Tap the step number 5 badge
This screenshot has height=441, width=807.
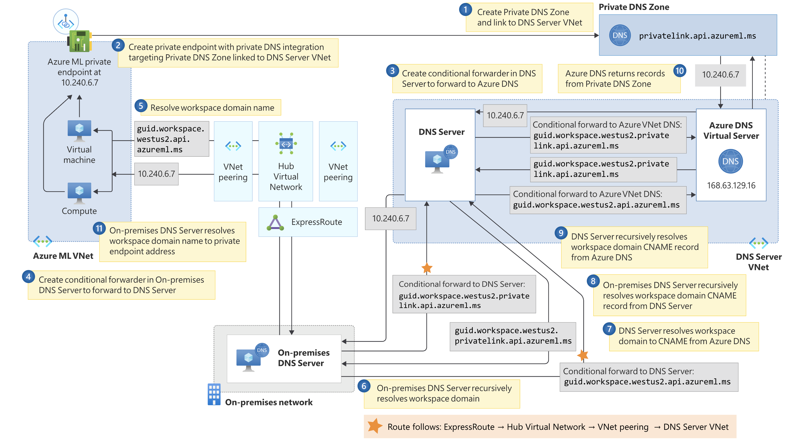coord(141,106)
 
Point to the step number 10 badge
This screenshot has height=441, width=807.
coord(679,71)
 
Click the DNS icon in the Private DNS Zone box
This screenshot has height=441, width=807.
coord(620,35)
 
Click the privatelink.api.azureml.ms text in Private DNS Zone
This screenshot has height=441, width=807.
coord(697,36)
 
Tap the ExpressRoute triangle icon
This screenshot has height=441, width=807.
coord(275,223)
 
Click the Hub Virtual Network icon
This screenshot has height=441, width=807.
coord(286,144)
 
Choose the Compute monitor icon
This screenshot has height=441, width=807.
coord(79,192)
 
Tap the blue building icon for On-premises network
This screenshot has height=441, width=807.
coord(214,394)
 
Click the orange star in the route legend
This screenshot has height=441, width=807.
coord(375,426)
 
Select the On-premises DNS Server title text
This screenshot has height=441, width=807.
coord(303,358)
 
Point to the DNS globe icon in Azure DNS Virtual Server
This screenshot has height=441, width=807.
coord(730,161)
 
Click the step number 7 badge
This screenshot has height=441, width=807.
coord(609,329)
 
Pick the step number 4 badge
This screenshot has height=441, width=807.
coord(28,277)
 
